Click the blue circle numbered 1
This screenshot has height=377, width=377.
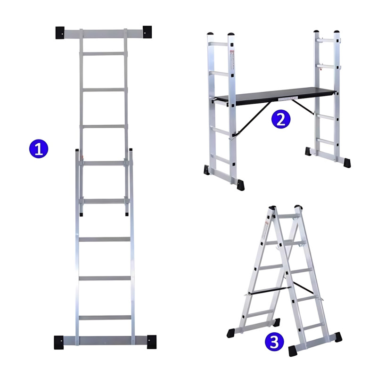pyautogui.click(x=39, y=149)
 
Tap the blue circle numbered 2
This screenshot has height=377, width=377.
pyautogui.click(x=281, y=119)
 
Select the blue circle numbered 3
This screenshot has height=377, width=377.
pyautogui.click(x=274, y=341)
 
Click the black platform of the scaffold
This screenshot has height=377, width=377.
pyautogui.click(x=275, y=96)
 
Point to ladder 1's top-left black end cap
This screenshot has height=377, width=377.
pyautogui.click(x=60, y=33)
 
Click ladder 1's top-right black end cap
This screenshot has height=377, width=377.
pyautogui.click(x=147, y=32)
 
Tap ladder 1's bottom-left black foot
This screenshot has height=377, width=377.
pyautogui.click(x=59, y=343)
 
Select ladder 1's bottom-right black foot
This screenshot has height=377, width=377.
pyautogui.click(x=152, y=342)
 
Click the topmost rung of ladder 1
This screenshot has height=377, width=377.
pyautogui.click(x=103, y=54)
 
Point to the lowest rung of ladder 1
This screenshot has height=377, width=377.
pyautogui.click(x=105, y=318)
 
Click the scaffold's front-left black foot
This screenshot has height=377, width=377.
pyautogui.click(x=240, y=185)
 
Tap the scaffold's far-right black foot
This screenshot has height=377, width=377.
pyautogui.click(x=347, y=163)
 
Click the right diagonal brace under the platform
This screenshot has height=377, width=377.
pyautogui.click(x=303, y=107)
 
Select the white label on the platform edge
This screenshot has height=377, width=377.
pyautogui.click(x=288, y=98)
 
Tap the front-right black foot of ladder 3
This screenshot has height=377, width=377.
pyautogui.click(x=293, y=351)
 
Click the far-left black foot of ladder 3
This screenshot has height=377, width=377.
pyautogui.click(x=230, y=333)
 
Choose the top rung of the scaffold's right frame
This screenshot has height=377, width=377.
pyautogui.click(x=325, y=40)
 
